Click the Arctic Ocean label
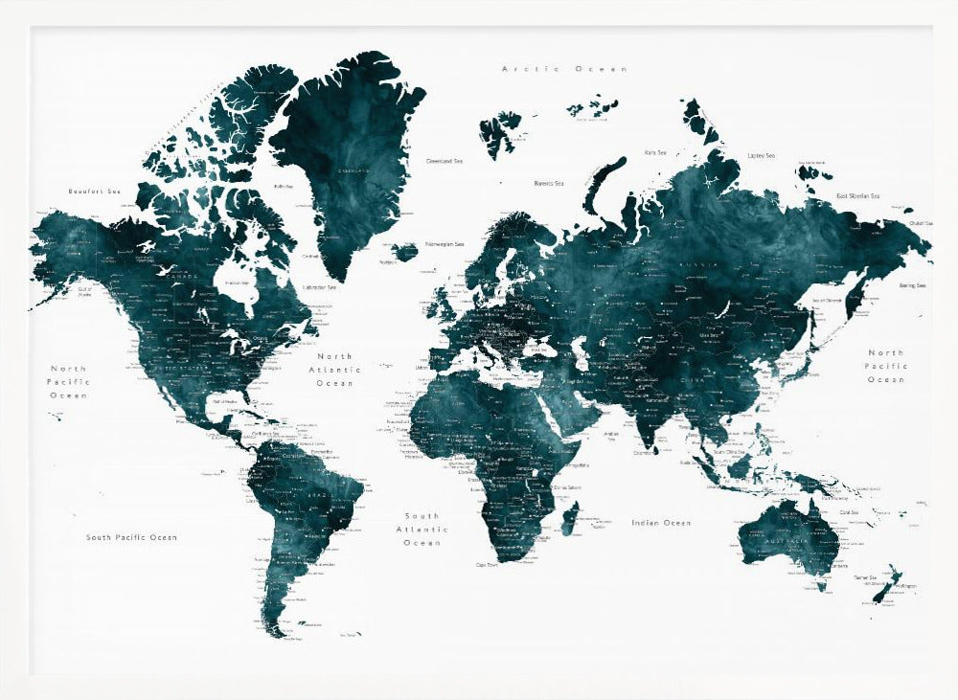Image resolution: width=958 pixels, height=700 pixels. click(x=565, y=69)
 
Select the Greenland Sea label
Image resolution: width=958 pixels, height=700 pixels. click(x=445, y=161)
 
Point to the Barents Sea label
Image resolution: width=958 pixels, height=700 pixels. click(x=549, y=183)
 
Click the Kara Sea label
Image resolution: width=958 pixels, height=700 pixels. click(x=655, y=152)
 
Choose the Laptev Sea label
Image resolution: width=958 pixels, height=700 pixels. click(x=761, y=155)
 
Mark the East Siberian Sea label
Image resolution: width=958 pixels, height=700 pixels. click(x=857, y=195)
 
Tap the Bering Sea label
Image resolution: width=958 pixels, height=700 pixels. click(x=912, y=285)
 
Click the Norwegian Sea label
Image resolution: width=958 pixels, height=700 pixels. click(x=445, y=243)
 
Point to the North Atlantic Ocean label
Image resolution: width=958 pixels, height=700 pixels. click(x=335, y=369)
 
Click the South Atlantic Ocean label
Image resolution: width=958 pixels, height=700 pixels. click(x=422, y=529)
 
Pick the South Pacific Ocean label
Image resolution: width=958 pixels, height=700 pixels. click(x=131, y=537)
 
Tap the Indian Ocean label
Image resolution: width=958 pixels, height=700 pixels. click(x=661, y=523)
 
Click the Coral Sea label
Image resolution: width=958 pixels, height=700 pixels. click(x=849, y=512)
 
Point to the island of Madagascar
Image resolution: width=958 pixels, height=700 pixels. click(x=569, y=521)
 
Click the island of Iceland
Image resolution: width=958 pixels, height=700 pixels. click(x=405, y=252)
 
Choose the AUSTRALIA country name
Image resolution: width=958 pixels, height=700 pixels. click(x=785, y=543)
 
